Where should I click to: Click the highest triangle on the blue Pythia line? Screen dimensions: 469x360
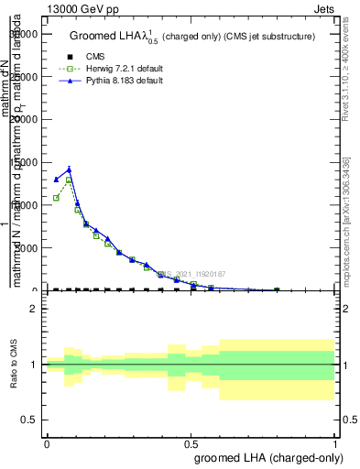point(69,169)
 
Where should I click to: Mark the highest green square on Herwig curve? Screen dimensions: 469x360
point(69,180)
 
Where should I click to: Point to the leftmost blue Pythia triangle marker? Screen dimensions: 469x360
point(56,180)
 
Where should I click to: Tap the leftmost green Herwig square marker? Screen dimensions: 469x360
point(56,198)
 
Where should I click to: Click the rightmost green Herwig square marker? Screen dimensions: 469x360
point(277,289)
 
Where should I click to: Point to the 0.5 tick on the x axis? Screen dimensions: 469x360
point(191,442)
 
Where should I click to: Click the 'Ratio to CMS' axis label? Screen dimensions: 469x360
point(15,365)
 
